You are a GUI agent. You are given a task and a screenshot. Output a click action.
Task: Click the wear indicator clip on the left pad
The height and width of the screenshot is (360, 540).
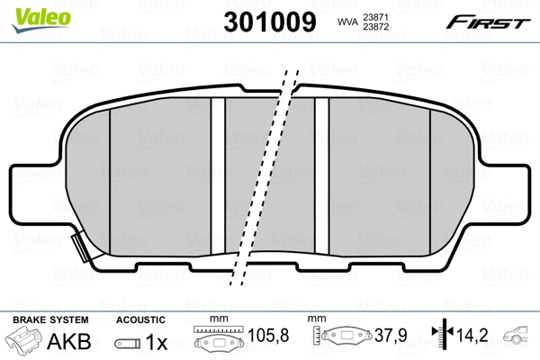point(77,244)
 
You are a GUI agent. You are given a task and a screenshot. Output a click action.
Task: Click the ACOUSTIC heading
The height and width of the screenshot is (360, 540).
point(140,319)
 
